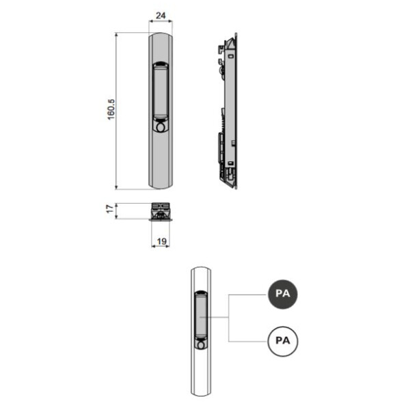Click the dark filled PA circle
tap(283, 293)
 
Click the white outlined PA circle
tap(283, 339)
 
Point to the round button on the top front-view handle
tap(160, 127)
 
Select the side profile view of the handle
tap(229, 109)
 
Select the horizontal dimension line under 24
tap(160, 23)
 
